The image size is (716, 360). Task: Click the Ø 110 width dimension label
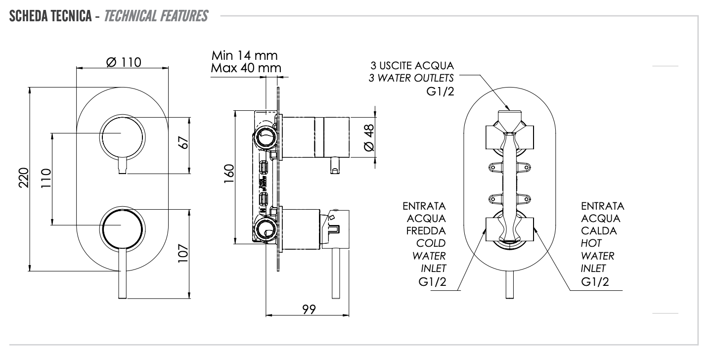pyautogui.click(x=124, y=62)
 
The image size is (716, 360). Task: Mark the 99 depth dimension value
pyautogui.click(x=310, y=309)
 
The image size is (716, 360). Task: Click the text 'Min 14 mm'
pyautogui.click(x=244, y=54)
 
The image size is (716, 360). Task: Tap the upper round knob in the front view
pyautogui.click(x=123, y=138)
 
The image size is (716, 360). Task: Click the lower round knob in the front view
pyautogui.click(x=123, y=227)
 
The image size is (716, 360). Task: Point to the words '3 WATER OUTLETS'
pyautogui.click(x=411, y=78)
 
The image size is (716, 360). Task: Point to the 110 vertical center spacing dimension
pyautogui.click(x=46, y=179)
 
